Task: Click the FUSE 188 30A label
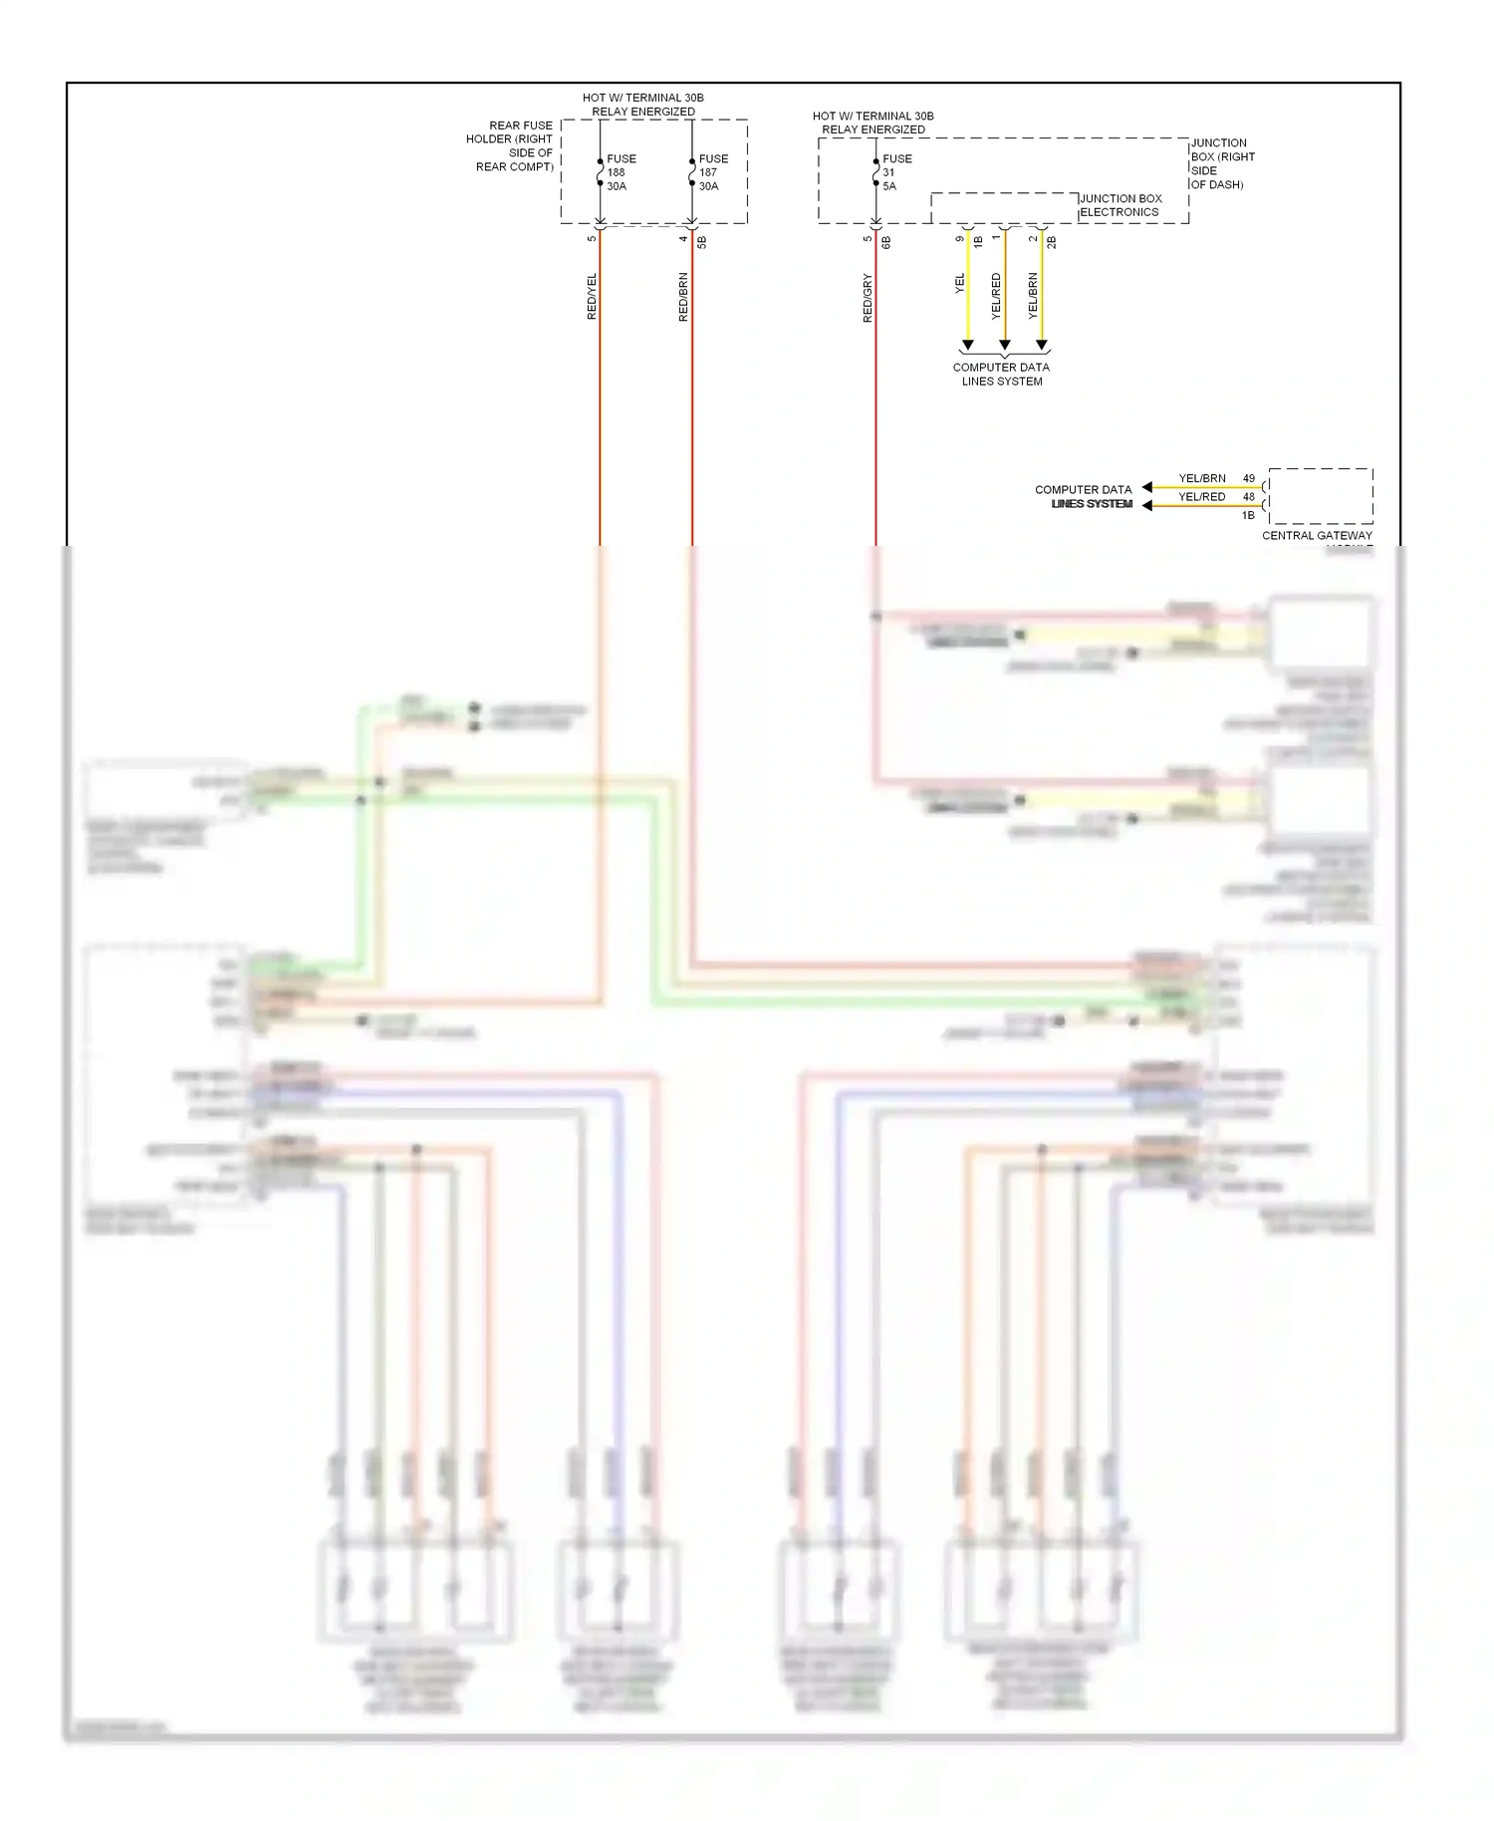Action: coord(621,172)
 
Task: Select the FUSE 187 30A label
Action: coord(713,172)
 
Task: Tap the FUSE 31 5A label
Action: coord(896,172)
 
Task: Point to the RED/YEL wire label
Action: coord(592,296)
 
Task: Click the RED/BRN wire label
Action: coord(683,296)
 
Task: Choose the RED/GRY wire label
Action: coord(868,297)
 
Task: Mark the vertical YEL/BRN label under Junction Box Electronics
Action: coord(1033,296)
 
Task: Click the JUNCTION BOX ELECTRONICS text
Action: coord(1120,205)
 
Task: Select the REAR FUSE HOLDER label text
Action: coord(510,145)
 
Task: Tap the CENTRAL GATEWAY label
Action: coord(1317,536)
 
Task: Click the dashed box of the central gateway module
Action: coord(1321,495)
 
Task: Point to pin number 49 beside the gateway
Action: coord(1249,478)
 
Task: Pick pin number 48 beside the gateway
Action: coord(1249,496)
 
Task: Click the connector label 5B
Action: coord(702,241)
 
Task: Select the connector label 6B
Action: coord(886,241)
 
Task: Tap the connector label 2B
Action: coord(1052,241)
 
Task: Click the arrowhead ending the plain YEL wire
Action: coord(967,346)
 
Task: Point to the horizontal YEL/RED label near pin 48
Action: coord(1202,496)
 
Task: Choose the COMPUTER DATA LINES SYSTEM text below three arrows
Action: coord(1001,374)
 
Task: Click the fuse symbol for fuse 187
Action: coord(692,172)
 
